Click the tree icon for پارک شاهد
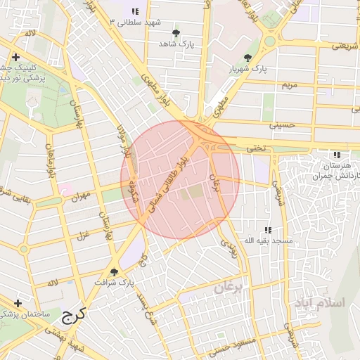(x=176, y=33)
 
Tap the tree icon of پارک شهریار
(x=247, y=58)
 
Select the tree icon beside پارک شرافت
(x=115, y=272)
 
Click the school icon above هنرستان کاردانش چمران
(x=336, y=154)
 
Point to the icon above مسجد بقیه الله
(x=267, y=230)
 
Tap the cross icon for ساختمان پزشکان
(x=18, y=303)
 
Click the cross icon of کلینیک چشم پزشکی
(x=15, y=57)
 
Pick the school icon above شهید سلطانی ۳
(x=135, y=12)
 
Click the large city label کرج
(x=72, y=314)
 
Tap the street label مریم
(x=290, y=84)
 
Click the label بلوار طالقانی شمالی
(x=168, y=184)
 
